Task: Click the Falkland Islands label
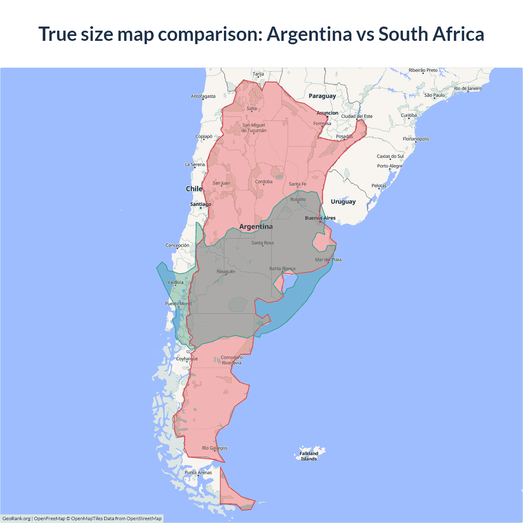pos(309,456)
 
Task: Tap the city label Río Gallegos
pos(215,448)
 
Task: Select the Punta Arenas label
pos(198,472)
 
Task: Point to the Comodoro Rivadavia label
pos(231,360)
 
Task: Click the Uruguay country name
pos(343,201)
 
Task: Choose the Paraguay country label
pos(322,96)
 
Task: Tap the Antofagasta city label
pos(203,96)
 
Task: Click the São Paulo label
pos(434,95)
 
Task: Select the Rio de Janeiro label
pos(467,88)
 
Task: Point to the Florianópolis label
pos(416,139)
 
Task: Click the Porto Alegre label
pos(390,166)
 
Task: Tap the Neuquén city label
pos(226,271)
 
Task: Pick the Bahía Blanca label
pos(282,268)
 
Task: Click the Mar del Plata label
pos(328,259)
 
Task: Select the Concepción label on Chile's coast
pos(177,245)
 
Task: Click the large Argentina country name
pos(256,226)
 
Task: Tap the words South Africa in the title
pos(431,34)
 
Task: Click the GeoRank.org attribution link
pos(16,519)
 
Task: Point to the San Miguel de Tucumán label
pos(254,128)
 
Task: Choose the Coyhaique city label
pos(187,359)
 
